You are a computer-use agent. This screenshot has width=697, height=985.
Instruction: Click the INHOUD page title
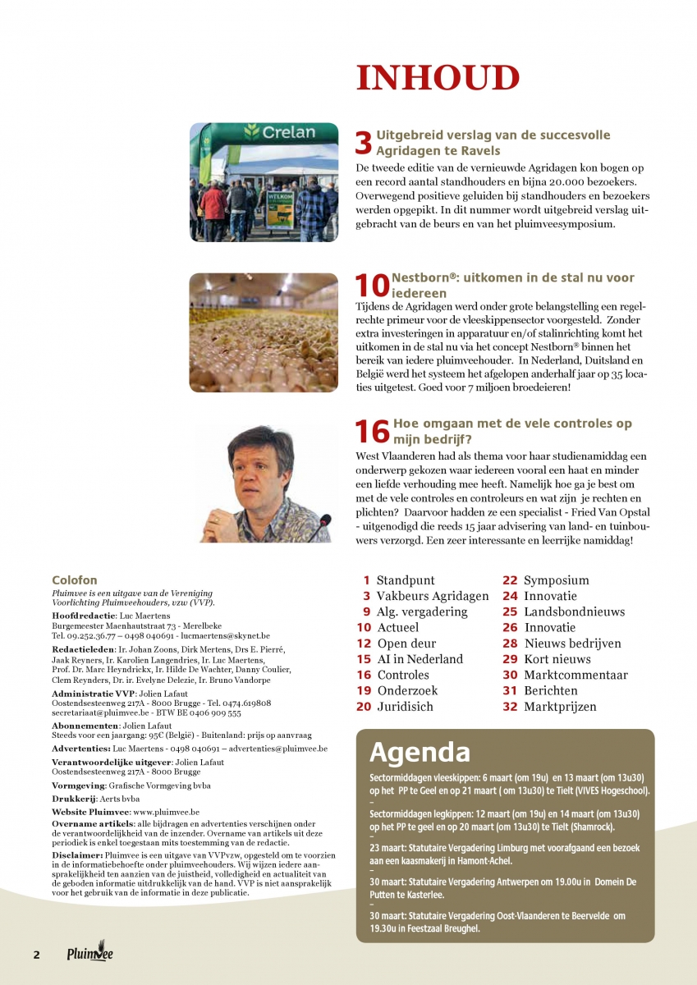pyautogui.click(x=438, y=78)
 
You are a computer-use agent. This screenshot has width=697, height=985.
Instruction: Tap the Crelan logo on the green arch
pyautogui.click(x=279, y=132)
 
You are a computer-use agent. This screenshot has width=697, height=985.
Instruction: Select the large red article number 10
pyautogui.click(x=372, y=285)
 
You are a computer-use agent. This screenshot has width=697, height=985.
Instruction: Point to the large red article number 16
pyautogui.click(x=372, y=431)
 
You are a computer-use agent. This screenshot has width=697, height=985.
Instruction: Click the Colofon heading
pyautogui.click(x=75, y=580)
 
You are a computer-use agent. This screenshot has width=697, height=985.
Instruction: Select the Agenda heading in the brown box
pyautogui.click(x=420, y=752)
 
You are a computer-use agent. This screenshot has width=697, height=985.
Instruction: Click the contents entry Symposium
pyautogui.click(x=556, y=580)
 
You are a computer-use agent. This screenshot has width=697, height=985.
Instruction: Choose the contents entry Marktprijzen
pyautogui.click(x=560, y=707)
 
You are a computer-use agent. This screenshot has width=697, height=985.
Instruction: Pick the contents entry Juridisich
pyautogui.click(x=405, y=707)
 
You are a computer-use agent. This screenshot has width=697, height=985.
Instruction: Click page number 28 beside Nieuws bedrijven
pyautogui.click(x=510, y=644)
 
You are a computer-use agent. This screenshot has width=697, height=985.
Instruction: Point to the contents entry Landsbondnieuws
pyautogui.click(x=574, y=612)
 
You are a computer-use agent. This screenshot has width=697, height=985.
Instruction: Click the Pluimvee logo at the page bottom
pyautogui.click(x=90, y=953)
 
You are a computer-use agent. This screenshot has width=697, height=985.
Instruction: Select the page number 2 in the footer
pyautogui.click(x=36, y=955)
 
